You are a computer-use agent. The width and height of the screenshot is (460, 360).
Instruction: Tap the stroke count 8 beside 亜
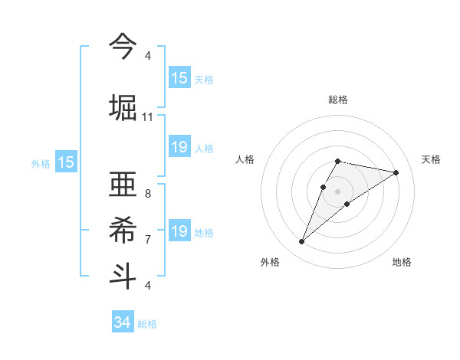[147, 194]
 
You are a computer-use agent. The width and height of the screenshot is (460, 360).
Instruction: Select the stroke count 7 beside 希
[147, 240]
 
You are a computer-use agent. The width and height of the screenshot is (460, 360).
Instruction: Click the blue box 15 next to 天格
[179, 78]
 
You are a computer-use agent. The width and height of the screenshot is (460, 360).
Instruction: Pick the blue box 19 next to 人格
[179, 147]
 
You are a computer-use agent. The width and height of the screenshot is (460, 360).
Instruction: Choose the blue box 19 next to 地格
[179, 231]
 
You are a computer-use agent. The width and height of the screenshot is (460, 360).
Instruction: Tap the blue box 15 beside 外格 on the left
[65, 162]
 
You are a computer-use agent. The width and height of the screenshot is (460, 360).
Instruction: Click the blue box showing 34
[122, 322]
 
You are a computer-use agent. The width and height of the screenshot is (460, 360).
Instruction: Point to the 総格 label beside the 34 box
[147, 324]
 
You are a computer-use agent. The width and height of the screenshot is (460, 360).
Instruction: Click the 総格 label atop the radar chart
[338, 100]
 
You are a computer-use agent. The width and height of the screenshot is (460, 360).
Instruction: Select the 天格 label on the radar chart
[431, 159]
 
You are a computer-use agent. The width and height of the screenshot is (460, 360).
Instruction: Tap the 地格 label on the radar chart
[402, 262]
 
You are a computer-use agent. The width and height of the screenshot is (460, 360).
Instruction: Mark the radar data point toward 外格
[301, 242]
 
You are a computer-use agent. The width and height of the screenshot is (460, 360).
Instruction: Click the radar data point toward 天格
[396, 172]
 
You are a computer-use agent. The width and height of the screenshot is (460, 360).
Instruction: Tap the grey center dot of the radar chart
[338, 191]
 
